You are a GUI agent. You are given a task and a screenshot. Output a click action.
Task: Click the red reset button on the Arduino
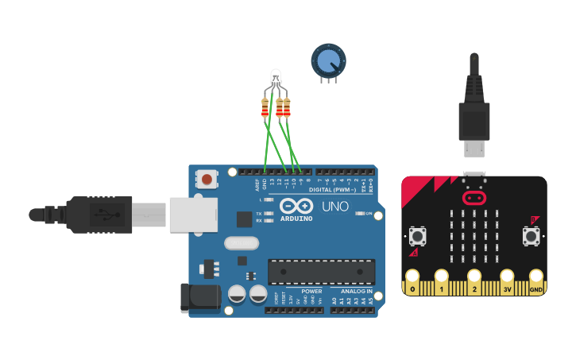tap(207, 179)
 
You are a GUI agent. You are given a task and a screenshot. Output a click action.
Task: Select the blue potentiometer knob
tap(328, 60)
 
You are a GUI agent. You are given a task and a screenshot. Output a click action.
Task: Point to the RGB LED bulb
tap(276, 79)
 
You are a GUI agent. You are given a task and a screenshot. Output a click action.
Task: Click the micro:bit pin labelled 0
tap(412, 281)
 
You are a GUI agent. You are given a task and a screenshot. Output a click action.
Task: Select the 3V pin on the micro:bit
tap(506, 281)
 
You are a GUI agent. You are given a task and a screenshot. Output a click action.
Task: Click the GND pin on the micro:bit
tap(536, 281)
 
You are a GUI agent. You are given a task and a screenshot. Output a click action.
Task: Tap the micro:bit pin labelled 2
tap(474, 281)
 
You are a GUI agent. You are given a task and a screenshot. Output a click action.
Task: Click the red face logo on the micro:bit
tap(474, 196)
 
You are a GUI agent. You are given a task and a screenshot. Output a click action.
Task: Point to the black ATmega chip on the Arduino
tap(321, 271)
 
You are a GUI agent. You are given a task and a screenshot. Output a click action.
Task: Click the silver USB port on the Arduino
tap(194, 215)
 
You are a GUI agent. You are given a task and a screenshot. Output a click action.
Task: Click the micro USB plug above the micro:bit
tap(474, 148)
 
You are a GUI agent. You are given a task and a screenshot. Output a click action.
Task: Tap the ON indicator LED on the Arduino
tap(360, 214)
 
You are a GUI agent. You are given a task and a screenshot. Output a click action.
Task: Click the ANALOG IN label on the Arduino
tap(356, 291)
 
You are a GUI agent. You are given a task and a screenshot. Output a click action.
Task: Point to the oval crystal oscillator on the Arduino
tap(242, 244)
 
